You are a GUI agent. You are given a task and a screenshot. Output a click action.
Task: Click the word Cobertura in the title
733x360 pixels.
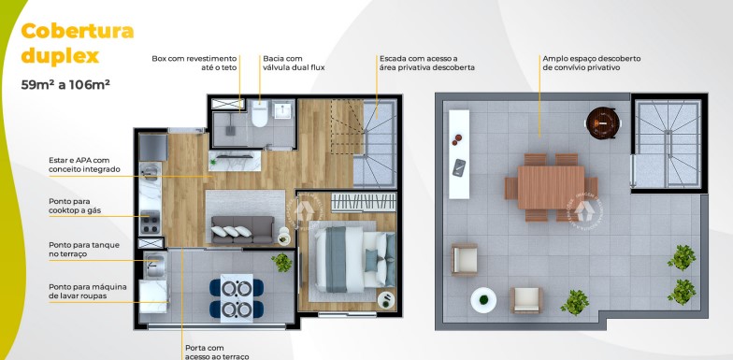[78, 31]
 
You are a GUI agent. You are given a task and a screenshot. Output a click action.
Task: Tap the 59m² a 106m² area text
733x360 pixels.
[66, 84]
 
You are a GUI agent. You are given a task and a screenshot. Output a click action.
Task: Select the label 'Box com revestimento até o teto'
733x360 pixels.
[194, 63]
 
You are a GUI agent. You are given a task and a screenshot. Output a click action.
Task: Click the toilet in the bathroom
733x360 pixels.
[259, 115]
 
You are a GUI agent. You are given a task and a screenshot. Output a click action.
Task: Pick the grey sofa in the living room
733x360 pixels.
[242, 230]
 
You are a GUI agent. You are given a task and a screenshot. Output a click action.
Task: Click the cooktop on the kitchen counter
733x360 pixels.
[150, 222]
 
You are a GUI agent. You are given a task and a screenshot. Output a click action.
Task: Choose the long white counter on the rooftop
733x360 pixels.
[458, 154]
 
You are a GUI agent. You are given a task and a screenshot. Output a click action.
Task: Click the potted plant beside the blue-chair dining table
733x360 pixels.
[281, 264]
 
